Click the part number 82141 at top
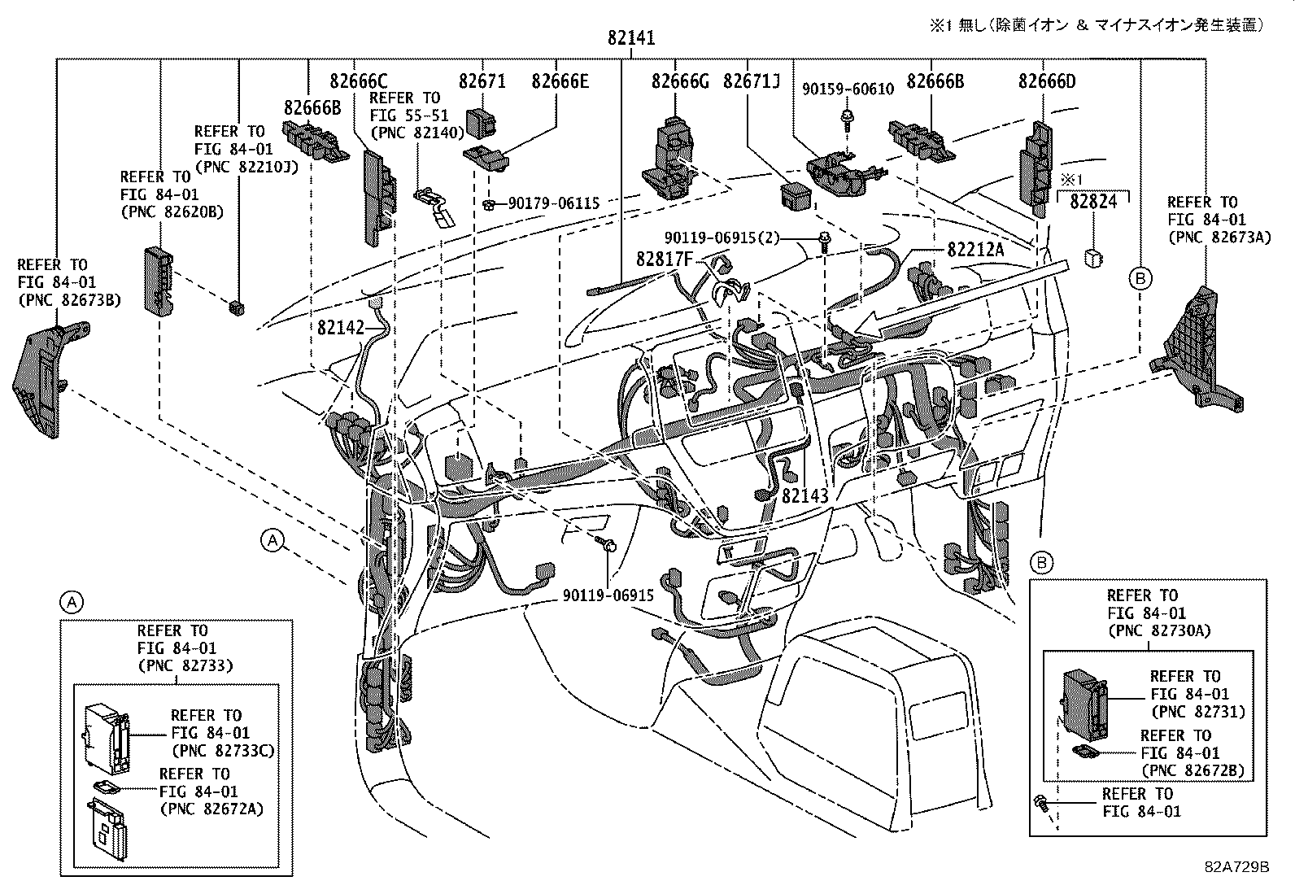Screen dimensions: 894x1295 click(x=631, y=38)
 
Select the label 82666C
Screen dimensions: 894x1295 click(x=358, y=81)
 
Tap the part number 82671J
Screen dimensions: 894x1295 click(x=751, y=81)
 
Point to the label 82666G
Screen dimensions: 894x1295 click(x=679, y=81)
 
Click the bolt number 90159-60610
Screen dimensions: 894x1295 click(x=848, y=89)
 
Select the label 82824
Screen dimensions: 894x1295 click(x=1093, y=202)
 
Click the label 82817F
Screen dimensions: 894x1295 click(x=664, y=259)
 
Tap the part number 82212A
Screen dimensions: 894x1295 click(x=975, y=250)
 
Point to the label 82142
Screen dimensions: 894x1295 click(x=340, y=327)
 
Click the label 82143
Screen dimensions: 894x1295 click(x=804, y=495)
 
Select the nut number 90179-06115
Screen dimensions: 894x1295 click(x=553, y=203)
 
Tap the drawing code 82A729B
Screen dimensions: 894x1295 click(x=1236, y=867)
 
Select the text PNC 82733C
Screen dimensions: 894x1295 click(x=222, y=751)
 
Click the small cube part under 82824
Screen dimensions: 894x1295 click(x=1092, y=257)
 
